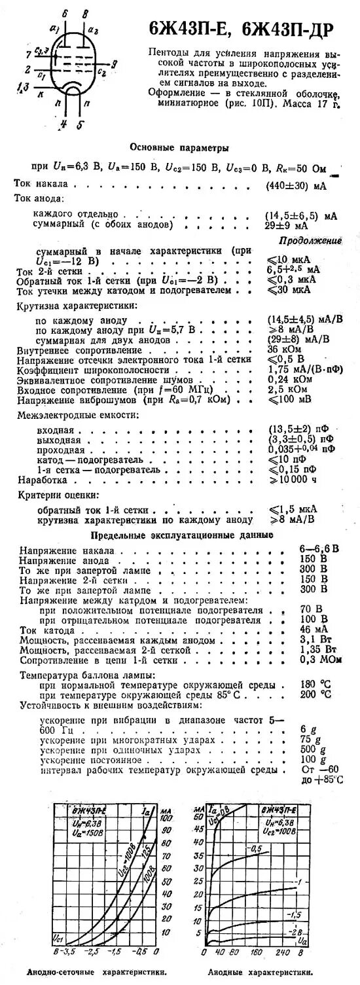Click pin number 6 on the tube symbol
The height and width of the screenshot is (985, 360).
click(x=64, y=14)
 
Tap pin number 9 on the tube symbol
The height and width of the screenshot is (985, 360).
click(x=114, y=63)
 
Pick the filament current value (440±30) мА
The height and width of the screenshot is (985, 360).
click(x=296, y=185)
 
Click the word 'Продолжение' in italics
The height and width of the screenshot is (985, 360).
click(x=310, y=240)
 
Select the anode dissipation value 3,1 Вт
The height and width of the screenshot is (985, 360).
click(x=314, y=639)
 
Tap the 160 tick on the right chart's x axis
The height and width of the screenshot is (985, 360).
click(x=257, y=950)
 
